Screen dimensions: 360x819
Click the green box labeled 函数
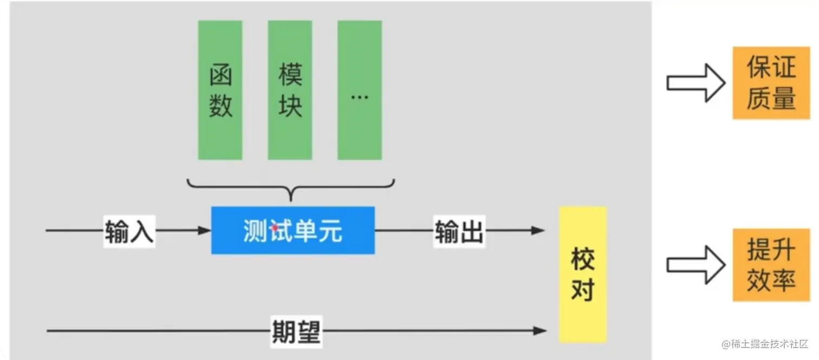[220, 90]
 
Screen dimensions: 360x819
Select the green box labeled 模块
[290, 90]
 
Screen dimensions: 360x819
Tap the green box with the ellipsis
[359, 90]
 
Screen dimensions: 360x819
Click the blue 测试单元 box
[292, 231]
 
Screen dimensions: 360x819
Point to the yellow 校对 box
[582, 274]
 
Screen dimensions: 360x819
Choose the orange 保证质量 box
[771, 83]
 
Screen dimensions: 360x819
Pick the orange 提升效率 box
[771, 265]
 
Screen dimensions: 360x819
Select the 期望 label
[295, 331]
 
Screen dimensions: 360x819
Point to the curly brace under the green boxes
[291, 189]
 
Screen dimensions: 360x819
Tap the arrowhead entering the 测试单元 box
[205, 231]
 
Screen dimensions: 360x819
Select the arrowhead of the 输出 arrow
[538, 231]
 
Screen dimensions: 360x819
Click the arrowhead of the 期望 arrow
[540, 331]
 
